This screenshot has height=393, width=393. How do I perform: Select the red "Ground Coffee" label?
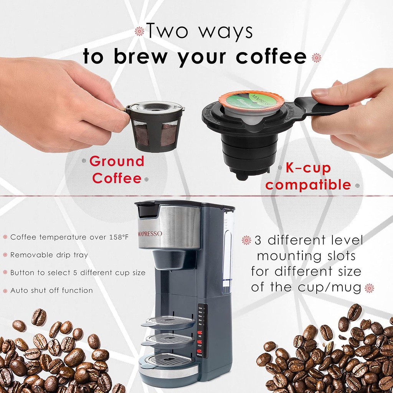[x=117, y=170]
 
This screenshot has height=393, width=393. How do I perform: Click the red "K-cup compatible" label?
[x=308, y=177]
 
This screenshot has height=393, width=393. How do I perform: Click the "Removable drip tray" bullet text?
[x=49, y=255]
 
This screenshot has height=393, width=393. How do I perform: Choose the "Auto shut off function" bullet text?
[x=51, y=291]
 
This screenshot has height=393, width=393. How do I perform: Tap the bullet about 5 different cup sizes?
[x=78, y=273]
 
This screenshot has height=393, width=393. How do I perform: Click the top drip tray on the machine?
[x=169, y=322]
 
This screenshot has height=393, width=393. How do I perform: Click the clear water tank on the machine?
[x=228, y=249]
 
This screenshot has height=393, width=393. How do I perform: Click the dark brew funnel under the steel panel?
[x=175, y=259]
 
